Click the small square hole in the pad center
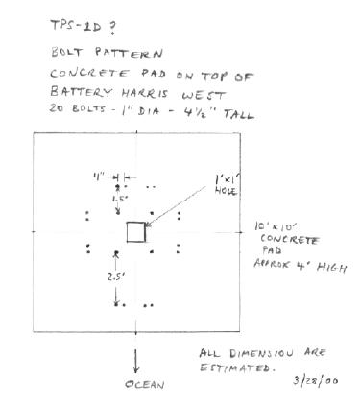[x=137, y=232]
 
